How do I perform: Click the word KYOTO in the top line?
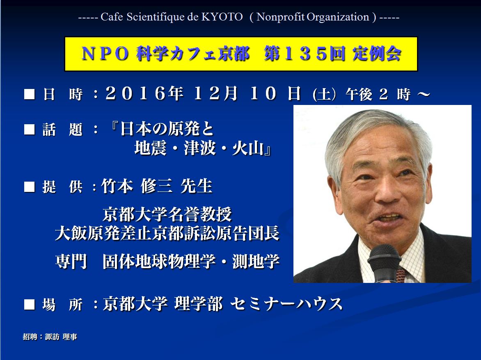(x=222, y=17)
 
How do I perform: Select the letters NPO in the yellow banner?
(x=105, y=54)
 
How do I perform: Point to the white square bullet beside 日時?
(x=30, y=94)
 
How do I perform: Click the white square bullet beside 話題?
(x=30, y=129)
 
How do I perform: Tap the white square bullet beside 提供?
(x=30, y=187)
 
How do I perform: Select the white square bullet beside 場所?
(x=30, y=304)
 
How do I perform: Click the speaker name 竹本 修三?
(x=137, y=186)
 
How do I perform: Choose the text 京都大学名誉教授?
(x=167, y=214)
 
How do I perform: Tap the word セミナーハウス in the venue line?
(x=286, y=304)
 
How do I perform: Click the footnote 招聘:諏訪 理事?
(x=50, y=337)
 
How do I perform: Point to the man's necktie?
(x=401, y=274)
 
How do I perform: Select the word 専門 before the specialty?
(x=71, y=261)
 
